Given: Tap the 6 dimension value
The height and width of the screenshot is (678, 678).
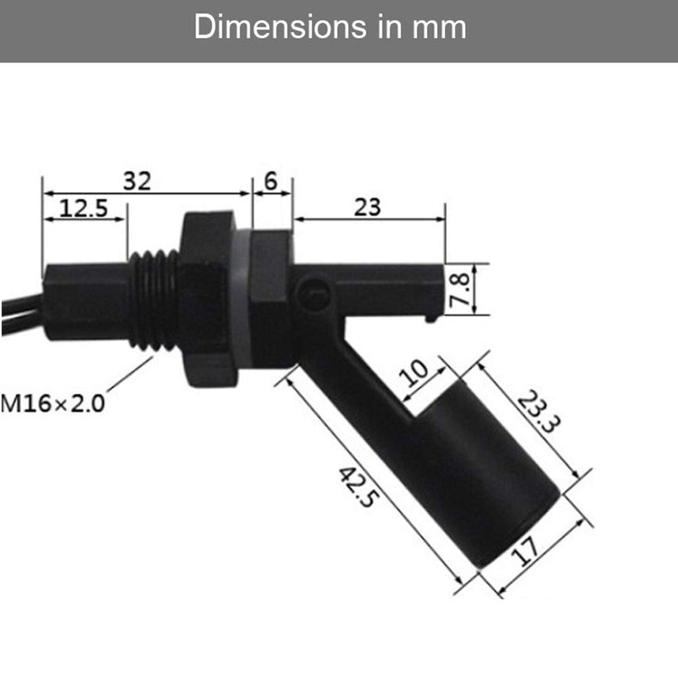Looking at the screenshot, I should click(x=270, y=181).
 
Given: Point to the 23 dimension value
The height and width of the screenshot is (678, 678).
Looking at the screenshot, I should click(x=367, y=207).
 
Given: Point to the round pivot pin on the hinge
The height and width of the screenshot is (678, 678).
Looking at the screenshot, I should click(x=314, y=294).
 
